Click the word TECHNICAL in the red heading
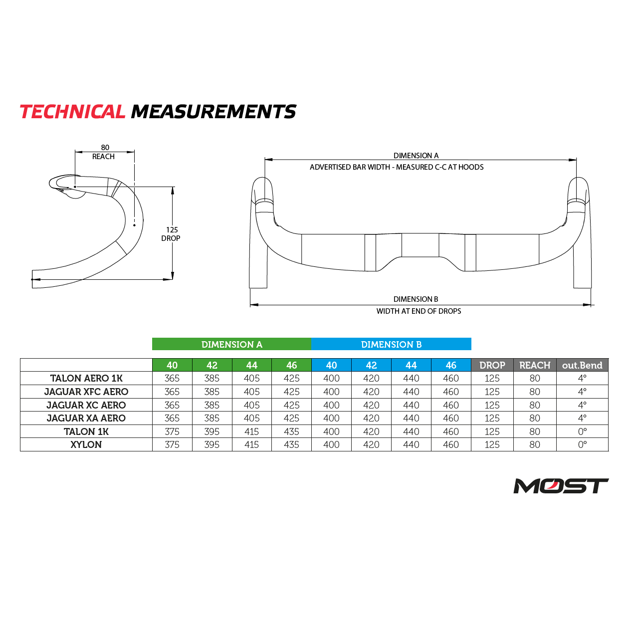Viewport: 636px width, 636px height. (x=72, y=112)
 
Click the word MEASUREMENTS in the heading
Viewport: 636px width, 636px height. (x=213, y=112)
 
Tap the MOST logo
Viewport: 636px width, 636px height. (x=561, y=486)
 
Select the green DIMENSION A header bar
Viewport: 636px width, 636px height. (x=231, y=344)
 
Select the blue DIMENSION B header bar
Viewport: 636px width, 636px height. (x=391, y=344)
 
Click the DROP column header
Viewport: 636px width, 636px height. (x=492, y=365)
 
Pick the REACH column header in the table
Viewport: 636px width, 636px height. (x=535, y=365)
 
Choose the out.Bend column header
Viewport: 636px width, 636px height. (x=582, y=365)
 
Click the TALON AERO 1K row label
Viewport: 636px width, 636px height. (x=86, y=378)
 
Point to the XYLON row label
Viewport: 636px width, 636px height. (x=86, y=444)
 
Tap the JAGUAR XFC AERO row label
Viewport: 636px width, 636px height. (x=86, y=392)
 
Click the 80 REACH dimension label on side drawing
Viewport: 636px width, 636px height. (x=104, y=152)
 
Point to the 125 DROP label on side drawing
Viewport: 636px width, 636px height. (x=171, y=234)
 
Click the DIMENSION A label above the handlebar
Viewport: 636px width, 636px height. (x=416, y=156)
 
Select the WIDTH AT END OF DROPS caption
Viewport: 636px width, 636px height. (x=419, y=311)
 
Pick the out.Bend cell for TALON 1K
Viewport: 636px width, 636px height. (x=582, y=431)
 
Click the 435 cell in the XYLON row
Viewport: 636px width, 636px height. (x=291, y=444)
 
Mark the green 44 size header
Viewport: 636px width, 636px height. (x=251, y=365)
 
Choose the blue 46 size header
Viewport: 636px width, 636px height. (x=451, y=365)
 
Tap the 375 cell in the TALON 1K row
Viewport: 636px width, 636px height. (x=172, y=431)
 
